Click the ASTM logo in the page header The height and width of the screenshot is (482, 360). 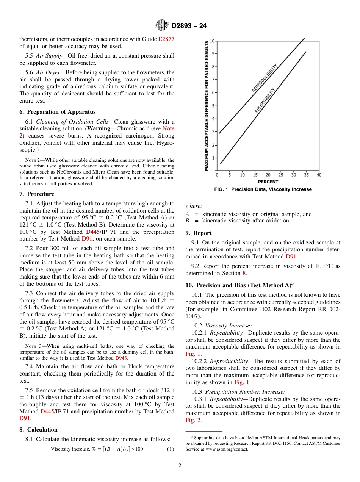(x=162, y=25)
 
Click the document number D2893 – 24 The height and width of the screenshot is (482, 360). (x=189, y=26)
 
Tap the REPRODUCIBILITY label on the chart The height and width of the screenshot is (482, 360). (x=265, y=78)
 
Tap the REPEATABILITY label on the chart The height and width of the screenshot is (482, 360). (x=265, y=100)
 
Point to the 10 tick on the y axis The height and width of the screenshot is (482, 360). (x=212, y=41)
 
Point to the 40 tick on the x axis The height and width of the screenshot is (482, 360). (x=319, y=175)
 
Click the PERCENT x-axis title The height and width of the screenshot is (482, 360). (x=268, y=182)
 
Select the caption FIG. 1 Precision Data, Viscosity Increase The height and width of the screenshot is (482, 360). (x=263, y=189)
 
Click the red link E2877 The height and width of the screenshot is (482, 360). (x=166, y=39)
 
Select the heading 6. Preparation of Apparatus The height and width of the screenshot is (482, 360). (x=58, y=112)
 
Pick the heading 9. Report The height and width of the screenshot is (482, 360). (x=199, y=233)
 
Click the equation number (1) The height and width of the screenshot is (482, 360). (x=171, y=449)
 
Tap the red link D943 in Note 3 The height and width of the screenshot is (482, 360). (x=121, y=358)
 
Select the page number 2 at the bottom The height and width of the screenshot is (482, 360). (x=180, y=466)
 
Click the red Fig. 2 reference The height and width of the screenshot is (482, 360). (x=193, y=420)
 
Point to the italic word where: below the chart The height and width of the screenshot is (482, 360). (x=194, y=206)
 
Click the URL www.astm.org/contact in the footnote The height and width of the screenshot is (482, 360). (x=227, y=449)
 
